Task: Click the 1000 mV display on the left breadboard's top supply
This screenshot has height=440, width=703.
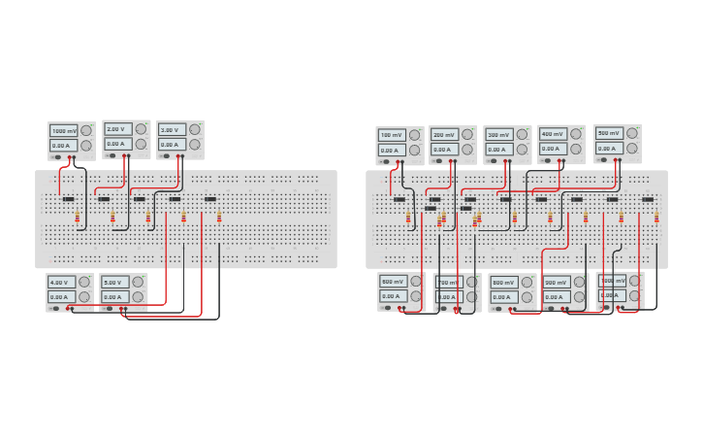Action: pyautogui.click(x=64, y=130)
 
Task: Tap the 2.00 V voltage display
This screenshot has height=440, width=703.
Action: pyautogui.click(x=116, y=129)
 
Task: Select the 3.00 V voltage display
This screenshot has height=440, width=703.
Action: pyautogui.click(x=171, y=129)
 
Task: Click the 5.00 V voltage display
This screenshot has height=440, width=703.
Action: pyautogui.click(x=114, y=283)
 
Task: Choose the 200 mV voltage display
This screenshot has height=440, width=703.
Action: pyautogui.click(x=444, y=134)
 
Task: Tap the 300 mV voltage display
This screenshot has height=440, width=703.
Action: pyautogui.click(x=498, y=134)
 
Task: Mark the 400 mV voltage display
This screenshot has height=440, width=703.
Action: pyautogui.click(x=553, y=133)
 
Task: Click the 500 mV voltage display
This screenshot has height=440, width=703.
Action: pyautogui.click(x=608, y=133)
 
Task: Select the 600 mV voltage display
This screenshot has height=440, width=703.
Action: pyautogui.click(x=393, y=282)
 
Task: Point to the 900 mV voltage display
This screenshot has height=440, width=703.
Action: pyautogui.click(x=556, y=282)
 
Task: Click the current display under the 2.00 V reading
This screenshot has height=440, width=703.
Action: pyautogui.click(x=116, y=144)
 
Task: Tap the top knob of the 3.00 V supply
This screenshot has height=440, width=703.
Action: pyautogui.click(x=195, y=128)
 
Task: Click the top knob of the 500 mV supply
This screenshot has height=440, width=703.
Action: pyautogui.click(x=632, y=133)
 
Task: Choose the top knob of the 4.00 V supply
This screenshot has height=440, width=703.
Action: pyautogui.click(x=85, y=282)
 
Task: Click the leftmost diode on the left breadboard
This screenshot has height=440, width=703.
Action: pyautogui.click(x=69, y=199)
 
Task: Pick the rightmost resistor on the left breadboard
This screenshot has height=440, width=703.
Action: pyautogui.click(x=219, y=217)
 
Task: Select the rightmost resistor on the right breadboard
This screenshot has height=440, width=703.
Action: pyautogui.click(x=656, y=217)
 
